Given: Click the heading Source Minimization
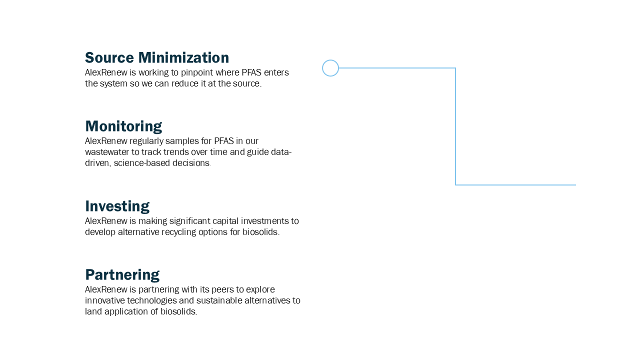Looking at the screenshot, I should coord(157,57).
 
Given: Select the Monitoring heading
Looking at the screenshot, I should coord(123,126).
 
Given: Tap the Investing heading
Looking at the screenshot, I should coord(117,206).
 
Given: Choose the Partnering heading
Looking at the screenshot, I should coord(122,274).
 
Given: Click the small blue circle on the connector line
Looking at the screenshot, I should coord(330,68).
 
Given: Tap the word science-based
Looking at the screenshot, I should coord(145,163).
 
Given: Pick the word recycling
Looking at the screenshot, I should coord(184,232).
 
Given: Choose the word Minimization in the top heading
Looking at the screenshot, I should coord(183,57).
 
